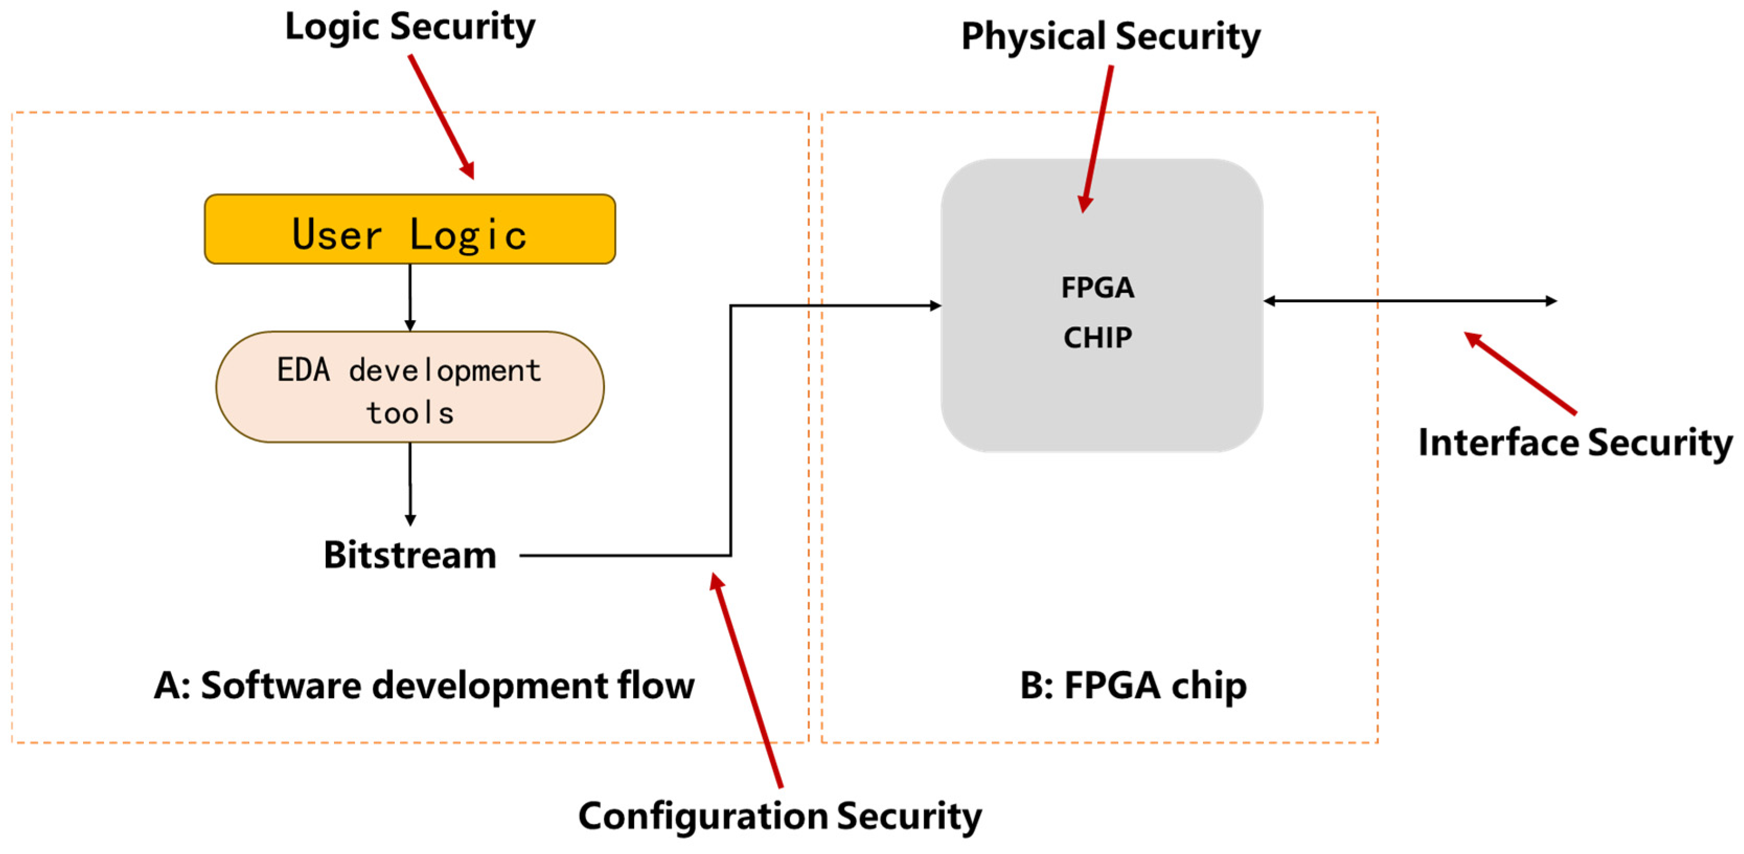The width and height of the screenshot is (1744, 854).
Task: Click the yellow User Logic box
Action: pos(409,229)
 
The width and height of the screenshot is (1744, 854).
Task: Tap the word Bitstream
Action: pos(409,555)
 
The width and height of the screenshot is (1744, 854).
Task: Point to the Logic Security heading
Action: pos(409,28)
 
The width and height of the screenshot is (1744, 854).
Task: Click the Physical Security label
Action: pos(1110,37)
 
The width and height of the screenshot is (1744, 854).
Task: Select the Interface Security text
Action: pos(1575,443)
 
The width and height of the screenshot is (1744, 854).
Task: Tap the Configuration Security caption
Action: pos(779,816)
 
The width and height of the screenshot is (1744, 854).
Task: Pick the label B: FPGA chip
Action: pos(1133,686)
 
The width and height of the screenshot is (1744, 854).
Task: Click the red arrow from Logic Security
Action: pos(441,117)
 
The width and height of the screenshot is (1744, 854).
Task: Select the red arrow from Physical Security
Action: pos(1097,139)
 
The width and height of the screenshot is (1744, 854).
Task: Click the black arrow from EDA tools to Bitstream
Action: pos(409,484)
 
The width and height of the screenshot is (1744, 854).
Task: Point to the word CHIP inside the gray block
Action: pos(1097,337)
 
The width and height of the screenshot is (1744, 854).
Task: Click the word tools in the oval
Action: pos(409,413)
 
